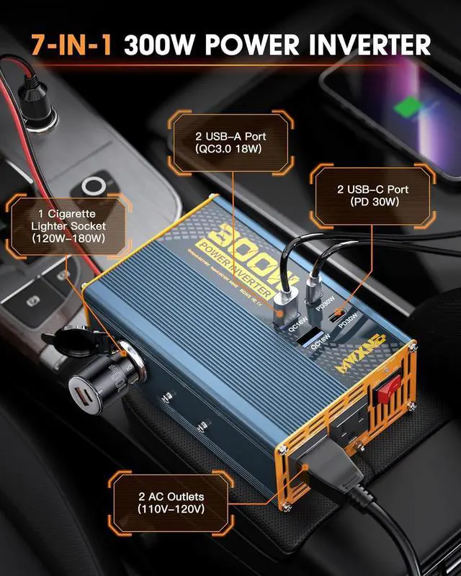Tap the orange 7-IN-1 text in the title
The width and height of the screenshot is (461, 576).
[73, 45]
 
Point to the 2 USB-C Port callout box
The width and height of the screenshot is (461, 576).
[372, 195]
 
